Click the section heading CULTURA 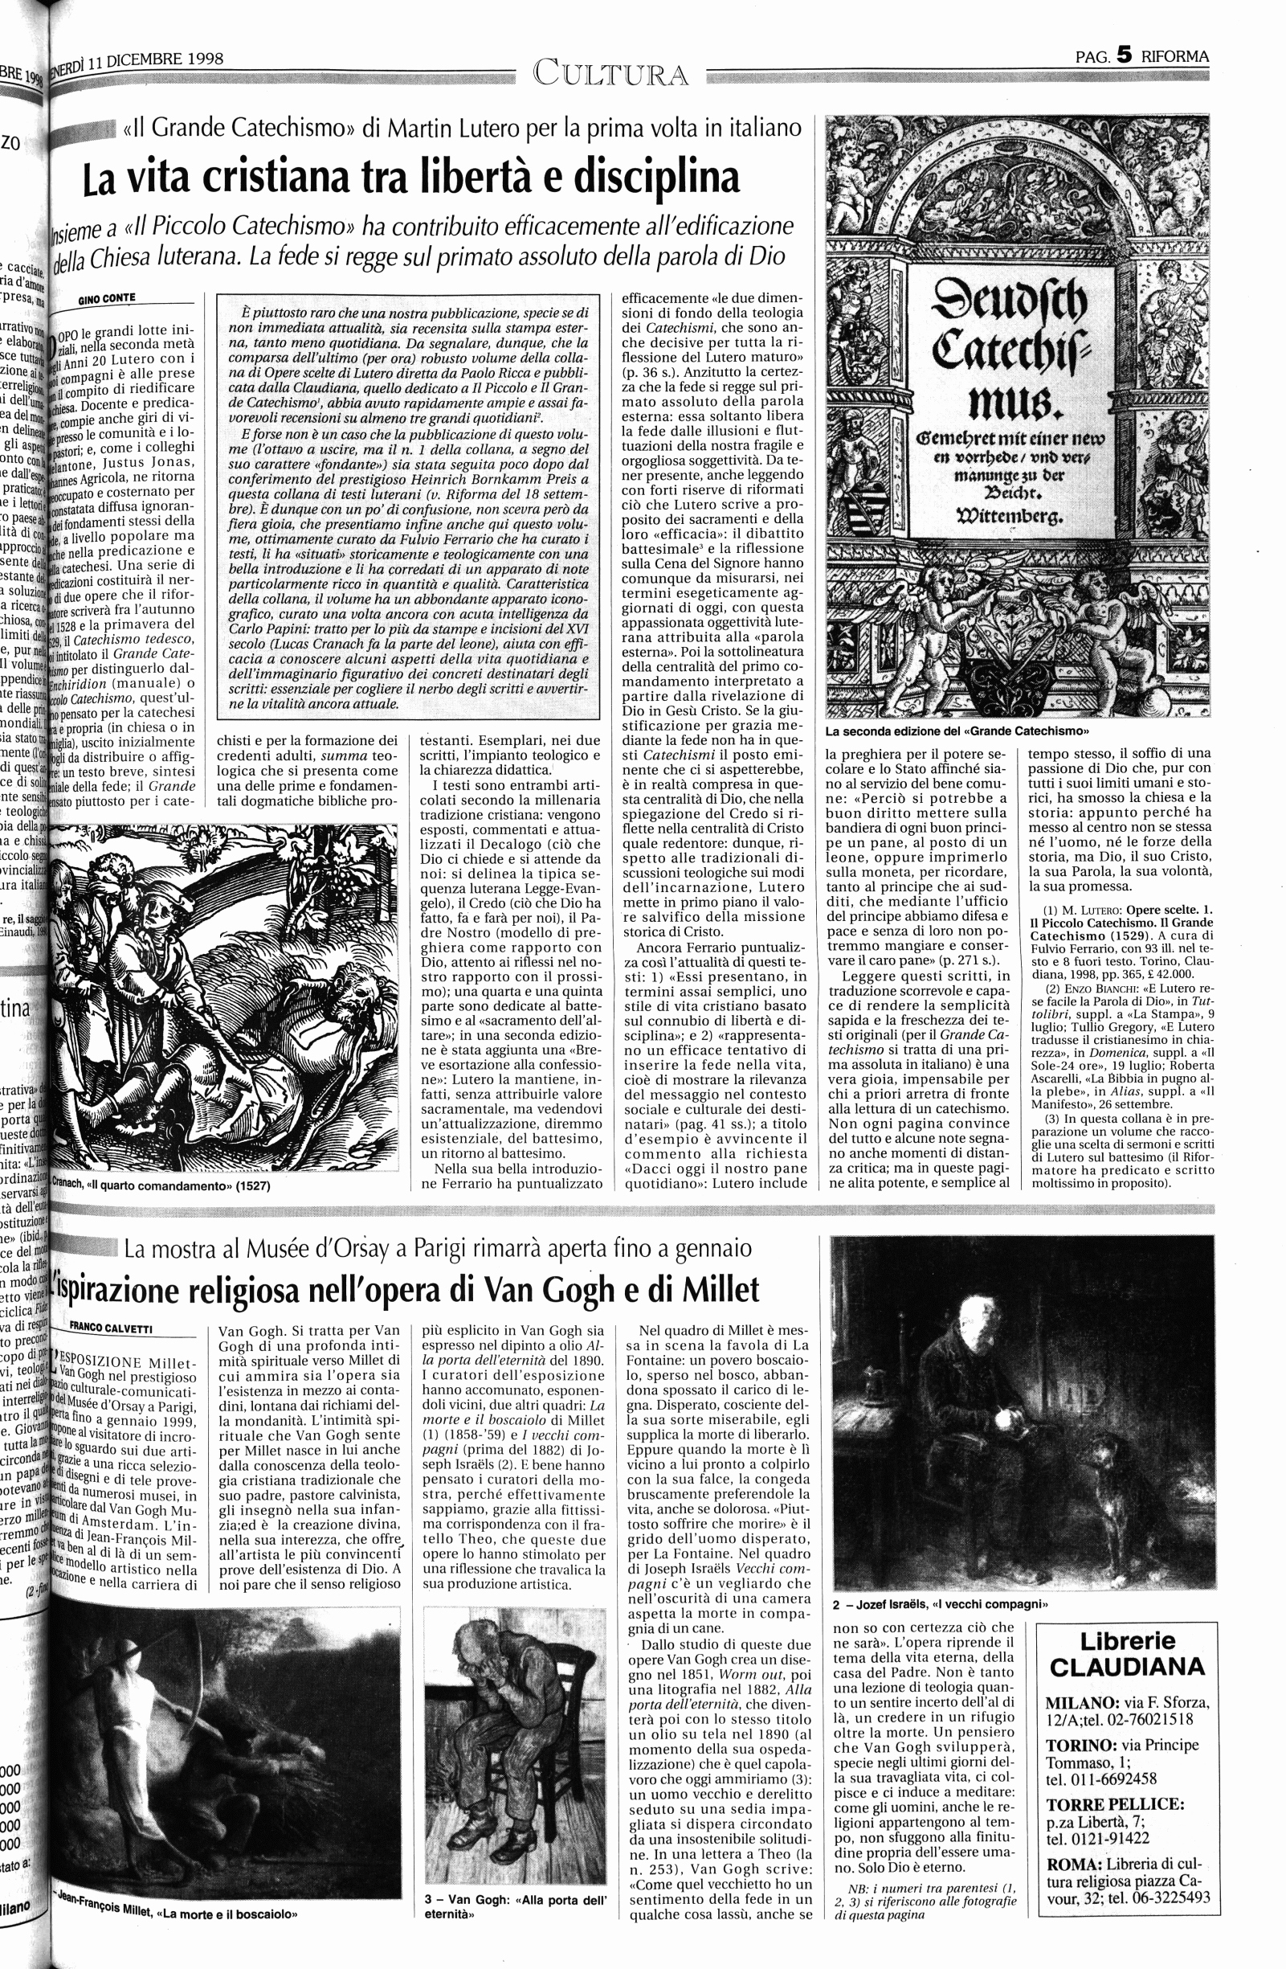[x=610, y=75]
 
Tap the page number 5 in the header [x=1123, y=56]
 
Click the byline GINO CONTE [x=108, y=299]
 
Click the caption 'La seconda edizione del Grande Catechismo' [x=954, y=731]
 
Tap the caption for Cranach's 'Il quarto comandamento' [x=161, y=1185]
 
